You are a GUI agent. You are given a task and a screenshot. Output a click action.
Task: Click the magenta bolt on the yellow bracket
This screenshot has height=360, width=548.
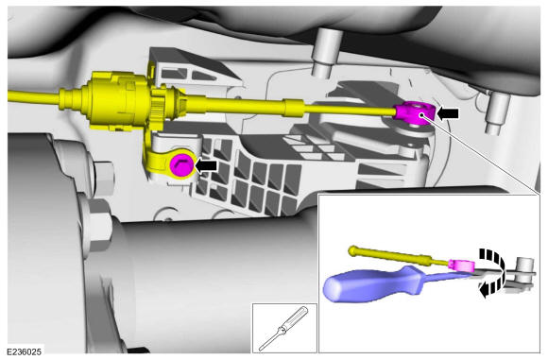click(181, 165)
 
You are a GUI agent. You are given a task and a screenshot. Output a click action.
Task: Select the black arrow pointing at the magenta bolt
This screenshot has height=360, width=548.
click(206, 165)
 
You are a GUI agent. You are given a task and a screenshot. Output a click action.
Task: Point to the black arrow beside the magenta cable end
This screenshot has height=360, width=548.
click(448, 112)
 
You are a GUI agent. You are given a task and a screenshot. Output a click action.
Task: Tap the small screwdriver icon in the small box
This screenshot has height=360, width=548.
click(283, 328)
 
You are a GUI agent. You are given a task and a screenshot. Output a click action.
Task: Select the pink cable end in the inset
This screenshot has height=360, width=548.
click(461, 265)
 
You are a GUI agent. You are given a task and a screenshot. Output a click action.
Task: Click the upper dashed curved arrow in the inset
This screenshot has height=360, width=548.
click(494, 259)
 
